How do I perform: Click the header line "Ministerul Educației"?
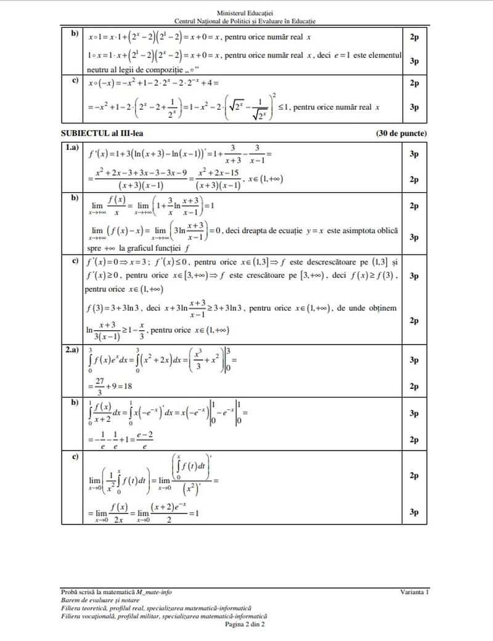(246, 12)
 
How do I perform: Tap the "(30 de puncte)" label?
(400, 133)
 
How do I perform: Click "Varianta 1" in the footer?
(414, 592)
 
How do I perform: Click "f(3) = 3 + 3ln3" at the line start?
(113, 308)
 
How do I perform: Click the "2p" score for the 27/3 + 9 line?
(414, 386)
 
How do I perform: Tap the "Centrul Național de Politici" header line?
(246, 21)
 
